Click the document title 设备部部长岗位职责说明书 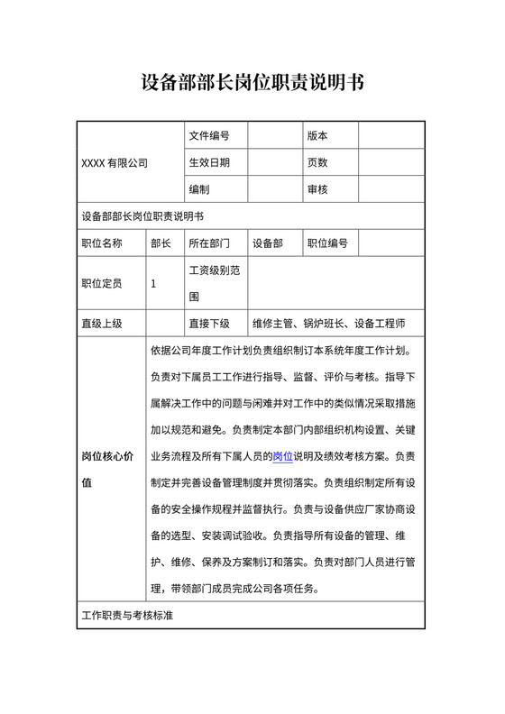(x=252, y=84)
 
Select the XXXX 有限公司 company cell (x=114, y=163)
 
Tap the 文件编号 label (x=208, y=136)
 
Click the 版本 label (x=317, y=136)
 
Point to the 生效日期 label (x=208, y=163)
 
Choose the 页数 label (x=317, y=163)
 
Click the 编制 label (x=199, y=190)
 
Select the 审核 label (x=317, y=190)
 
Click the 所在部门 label (x=208, y=243)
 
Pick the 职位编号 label (x=327, y=243)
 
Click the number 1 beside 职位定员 (x=153, y=283)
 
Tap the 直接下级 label (x=208, y=323)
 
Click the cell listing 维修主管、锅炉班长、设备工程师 (x=329, y=323)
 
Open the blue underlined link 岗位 (x=282, y=455)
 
